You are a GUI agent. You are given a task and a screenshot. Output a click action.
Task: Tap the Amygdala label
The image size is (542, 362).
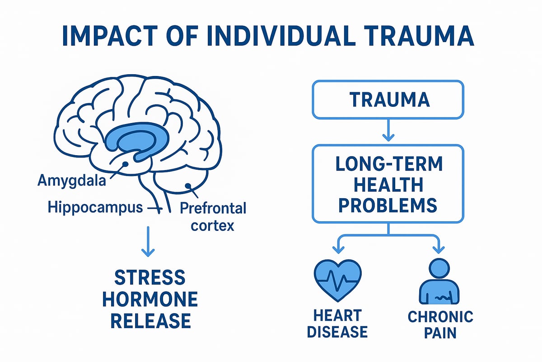point(72,182)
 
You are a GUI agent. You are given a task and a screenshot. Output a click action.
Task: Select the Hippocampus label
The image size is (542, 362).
point(95,208)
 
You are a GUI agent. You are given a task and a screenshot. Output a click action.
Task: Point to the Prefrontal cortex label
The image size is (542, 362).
point(213,216)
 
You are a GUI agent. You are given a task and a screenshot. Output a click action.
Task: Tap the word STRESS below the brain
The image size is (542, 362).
point(149,277)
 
